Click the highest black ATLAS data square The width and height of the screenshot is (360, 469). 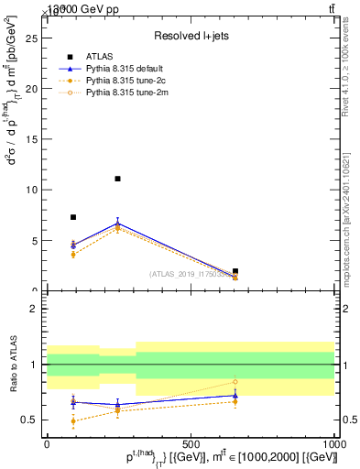click(x=117, y=179)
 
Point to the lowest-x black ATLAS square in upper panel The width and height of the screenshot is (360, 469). click(x=73, y=217)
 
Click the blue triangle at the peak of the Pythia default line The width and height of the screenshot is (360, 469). click(x=117, y=223)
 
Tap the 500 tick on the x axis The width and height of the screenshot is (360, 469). click(x=191, y=442)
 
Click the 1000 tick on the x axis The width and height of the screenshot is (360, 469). click(x=333, y=442)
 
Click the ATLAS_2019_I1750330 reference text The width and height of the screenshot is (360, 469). click(x=187, y=274)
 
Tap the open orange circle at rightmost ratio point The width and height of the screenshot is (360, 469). click(x=235, y=381)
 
